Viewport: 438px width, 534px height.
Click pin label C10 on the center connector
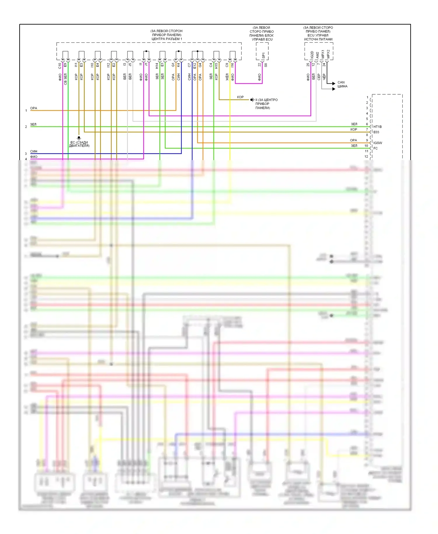coord(60,66)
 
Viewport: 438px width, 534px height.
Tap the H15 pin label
coord(216,66)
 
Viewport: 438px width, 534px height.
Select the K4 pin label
coord(178,65)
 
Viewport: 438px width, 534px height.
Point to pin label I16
coord(232,65)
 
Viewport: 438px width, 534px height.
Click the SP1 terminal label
coord(263,55)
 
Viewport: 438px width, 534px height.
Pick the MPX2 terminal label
coord(328,54)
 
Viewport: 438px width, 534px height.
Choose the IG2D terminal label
coord(312,55)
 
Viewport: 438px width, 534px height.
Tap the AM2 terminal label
coord(317,55)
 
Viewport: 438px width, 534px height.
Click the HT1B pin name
coord(378,127)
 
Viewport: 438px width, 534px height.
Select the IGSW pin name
coord(378,143)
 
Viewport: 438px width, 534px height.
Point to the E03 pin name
coord(376,132)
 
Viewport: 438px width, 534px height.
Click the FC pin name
coord(376,148)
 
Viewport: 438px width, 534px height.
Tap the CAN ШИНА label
coord(342,84)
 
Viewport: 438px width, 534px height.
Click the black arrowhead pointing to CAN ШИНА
coord(334,84)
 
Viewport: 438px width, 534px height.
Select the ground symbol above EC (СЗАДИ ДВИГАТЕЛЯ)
coord(79,138)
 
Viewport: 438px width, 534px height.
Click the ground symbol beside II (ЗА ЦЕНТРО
coord(252,100)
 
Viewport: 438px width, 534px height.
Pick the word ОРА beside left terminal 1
coord(34,108)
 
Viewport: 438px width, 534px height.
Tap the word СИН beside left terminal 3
coord(34,151)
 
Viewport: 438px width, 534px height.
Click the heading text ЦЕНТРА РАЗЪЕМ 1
coord(166,39)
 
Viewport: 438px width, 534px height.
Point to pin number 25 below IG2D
coord(308,65)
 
